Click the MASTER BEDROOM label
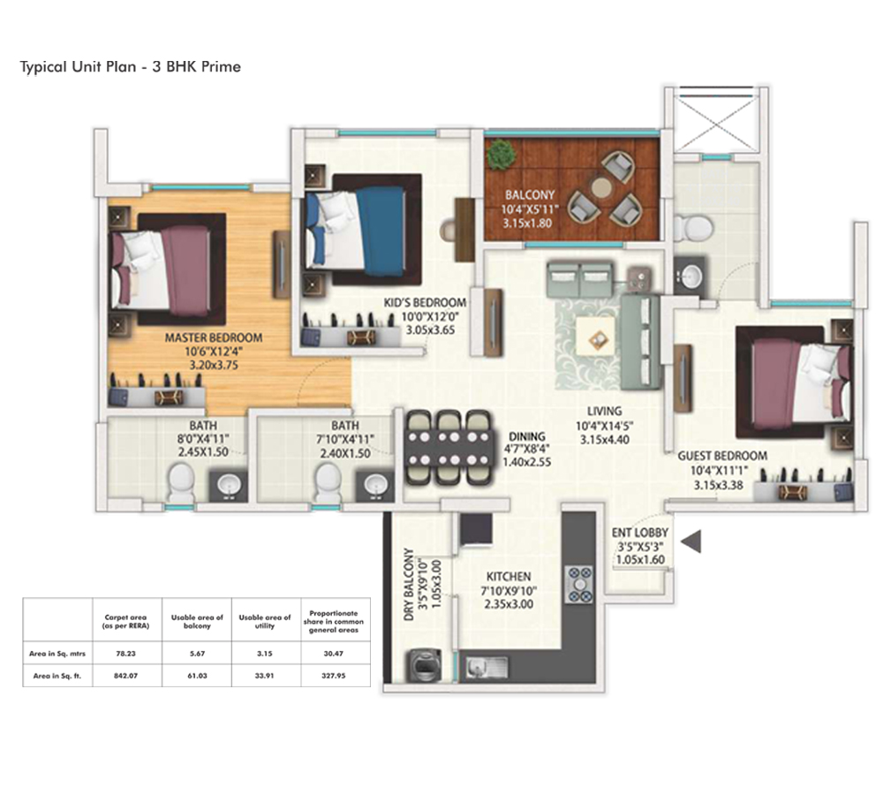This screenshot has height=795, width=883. (214, 338)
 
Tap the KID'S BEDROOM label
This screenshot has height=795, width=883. (426, 303)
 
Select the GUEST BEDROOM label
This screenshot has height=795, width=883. (722, 456)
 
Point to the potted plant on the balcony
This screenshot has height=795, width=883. (501, 154)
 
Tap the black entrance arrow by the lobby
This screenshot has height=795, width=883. (691, 541)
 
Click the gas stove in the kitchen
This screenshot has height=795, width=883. (579, 584)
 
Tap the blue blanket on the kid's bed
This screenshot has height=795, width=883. (380, 226)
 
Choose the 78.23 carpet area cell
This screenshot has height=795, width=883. (126, 654)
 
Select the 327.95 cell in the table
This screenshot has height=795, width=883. (334, 676)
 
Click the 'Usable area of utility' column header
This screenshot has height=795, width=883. (265, 622)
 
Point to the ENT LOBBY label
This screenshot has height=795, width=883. (640, 533)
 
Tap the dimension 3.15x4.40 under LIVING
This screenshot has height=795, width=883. (605, 440)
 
